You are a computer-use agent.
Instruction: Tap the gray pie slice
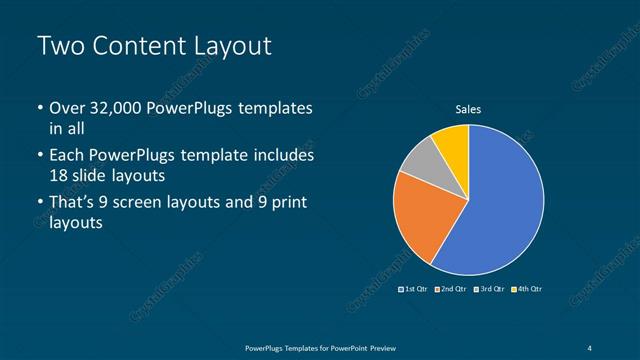pos(420,160)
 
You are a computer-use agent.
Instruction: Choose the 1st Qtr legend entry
pos(414,289)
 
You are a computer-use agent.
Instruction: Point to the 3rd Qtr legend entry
pos(491,289)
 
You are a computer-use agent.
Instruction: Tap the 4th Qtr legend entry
pos(527,289)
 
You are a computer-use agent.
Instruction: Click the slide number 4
pos(591,347)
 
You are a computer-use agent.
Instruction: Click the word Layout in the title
pos(232,46)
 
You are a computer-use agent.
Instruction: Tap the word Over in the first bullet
pos(67,108)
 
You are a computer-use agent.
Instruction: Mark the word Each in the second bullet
pos(67,156)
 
